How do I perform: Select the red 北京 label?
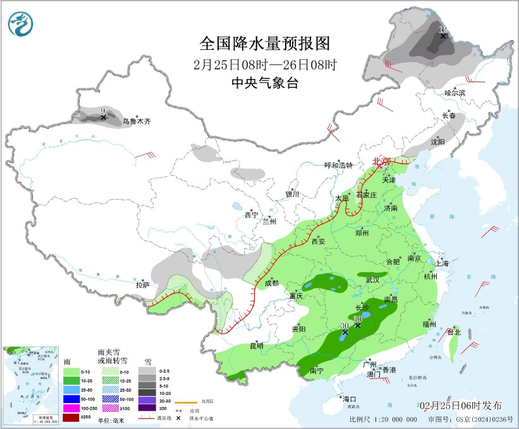click(x=382, y=161)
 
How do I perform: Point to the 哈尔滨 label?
click(x=454, y=92)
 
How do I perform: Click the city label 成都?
click(x=271, y=282)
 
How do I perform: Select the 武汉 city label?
click(x=372, y=279)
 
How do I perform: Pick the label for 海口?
click(x=350, y=399)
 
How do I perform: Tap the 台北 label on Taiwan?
click(x=454, y=332)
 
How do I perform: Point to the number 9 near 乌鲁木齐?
click(x=103, y=111)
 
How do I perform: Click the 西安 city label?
click(x=317, y=241)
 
